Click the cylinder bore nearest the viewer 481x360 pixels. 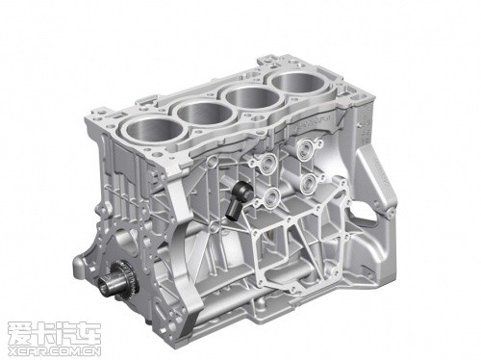click(x=155, y=129)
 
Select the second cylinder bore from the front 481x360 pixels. click(x=205, y=109)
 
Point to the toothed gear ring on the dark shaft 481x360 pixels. click(x=121, y=276)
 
